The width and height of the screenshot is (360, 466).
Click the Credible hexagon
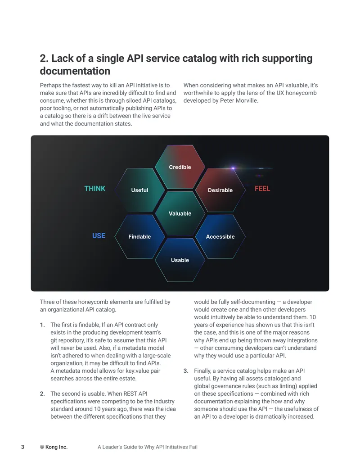(180, 167)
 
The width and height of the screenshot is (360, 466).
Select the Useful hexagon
(139, 190)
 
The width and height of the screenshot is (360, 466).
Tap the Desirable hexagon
(220, 190)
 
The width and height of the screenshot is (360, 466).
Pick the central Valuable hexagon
(180, 213)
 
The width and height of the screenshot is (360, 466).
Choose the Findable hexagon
(139, 236)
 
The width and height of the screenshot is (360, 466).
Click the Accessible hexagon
(220, 236)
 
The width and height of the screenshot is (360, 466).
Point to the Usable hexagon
(180, 260)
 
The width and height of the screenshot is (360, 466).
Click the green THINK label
(95, 188)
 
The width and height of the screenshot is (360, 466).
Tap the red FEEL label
(262, 188)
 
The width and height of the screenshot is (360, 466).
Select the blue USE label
(99, 235)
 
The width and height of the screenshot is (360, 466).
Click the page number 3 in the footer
(22, 447)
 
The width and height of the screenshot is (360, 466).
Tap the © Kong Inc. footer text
(54, 447)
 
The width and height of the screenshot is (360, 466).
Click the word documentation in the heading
(75, 71)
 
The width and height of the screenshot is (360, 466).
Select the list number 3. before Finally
(186, 371)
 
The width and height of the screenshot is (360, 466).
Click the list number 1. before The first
(42, 325)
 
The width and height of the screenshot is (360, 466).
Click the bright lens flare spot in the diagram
(233, 168)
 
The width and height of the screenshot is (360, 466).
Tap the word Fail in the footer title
(193, 447)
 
